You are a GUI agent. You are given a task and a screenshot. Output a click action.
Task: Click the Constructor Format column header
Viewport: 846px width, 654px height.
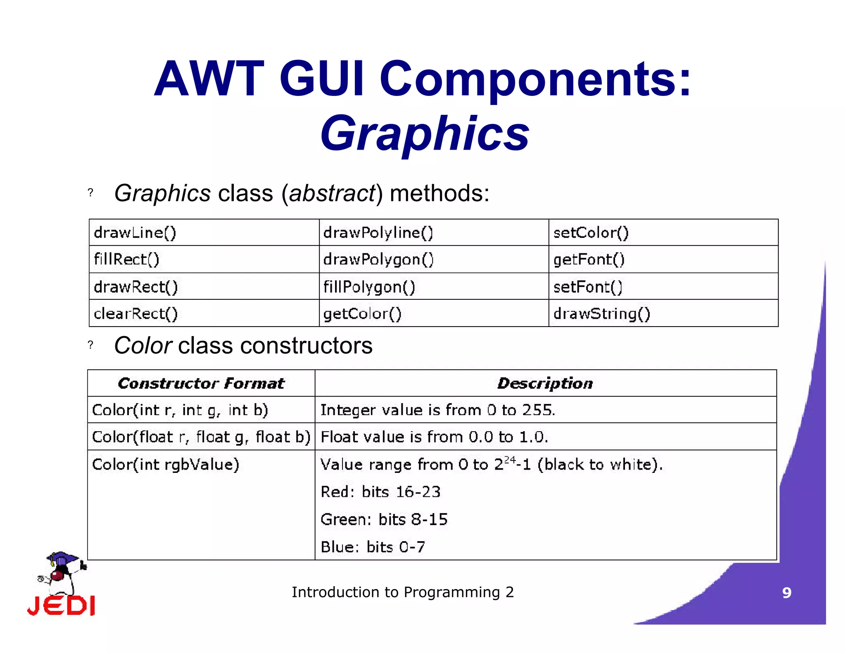(x=201, y=383)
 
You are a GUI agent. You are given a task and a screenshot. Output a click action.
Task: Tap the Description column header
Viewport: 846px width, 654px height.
(x=545, y=383)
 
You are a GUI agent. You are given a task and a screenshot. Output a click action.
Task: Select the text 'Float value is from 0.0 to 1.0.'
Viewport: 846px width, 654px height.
(x=434, y=437)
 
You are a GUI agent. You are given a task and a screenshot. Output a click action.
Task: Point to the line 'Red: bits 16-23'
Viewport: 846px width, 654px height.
(x=380, y=492)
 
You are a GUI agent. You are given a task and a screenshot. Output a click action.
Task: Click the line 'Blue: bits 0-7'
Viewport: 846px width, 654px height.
(x=373, y=547)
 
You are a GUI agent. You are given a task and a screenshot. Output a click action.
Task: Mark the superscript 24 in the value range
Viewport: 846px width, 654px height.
(x=510, y=460)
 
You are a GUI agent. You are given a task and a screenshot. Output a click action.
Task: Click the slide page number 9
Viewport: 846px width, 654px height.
(x=787, y=593)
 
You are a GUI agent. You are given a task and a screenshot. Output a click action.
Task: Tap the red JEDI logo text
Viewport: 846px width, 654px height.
(x=61, y=606)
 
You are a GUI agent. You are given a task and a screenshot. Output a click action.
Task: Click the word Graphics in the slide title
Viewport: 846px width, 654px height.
(x=425, y=133)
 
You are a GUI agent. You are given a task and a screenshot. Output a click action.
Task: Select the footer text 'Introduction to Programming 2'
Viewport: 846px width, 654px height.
(x=403, y=592)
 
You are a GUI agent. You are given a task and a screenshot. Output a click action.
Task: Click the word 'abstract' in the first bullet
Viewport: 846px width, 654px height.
(x=332, y=193)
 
